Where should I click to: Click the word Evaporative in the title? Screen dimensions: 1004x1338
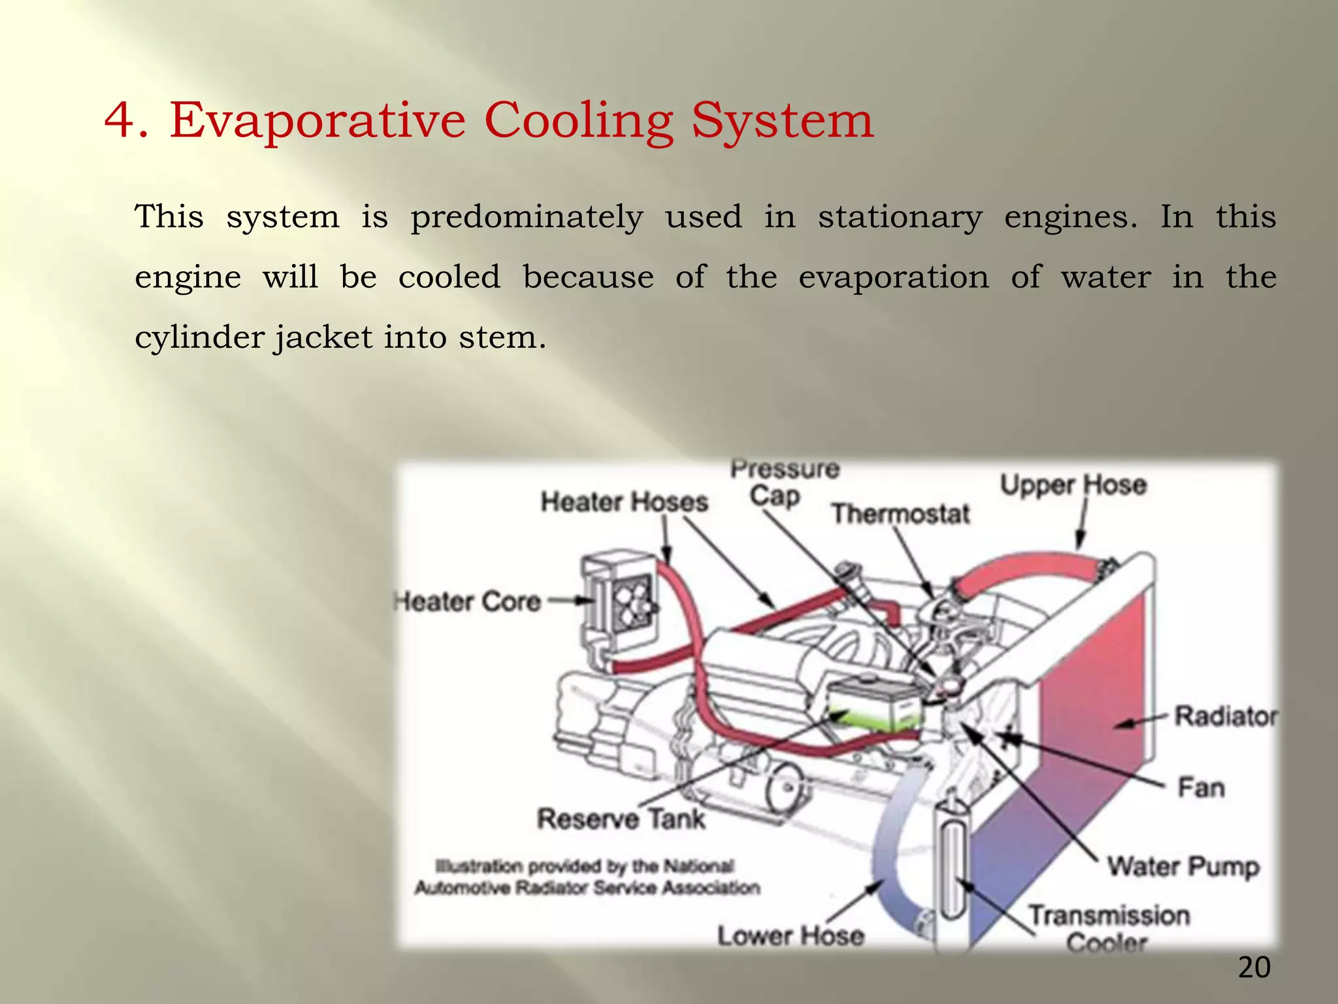317,121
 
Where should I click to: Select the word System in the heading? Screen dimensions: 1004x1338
782,122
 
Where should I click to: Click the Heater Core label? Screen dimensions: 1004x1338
468,602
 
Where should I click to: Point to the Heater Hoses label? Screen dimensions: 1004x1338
624,502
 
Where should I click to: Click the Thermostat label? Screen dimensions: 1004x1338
900,514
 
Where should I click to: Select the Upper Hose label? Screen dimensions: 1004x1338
1073,485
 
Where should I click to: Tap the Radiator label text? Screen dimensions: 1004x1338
1225,716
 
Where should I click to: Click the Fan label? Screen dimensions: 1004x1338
1201,788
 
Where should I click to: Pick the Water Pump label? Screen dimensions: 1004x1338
1183,867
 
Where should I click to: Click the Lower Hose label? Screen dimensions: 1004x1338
791,935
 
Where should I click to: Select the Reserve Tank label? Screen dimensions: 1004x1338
621,818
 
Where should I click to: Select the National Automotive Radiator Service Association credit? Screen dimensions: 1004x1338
587,877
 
